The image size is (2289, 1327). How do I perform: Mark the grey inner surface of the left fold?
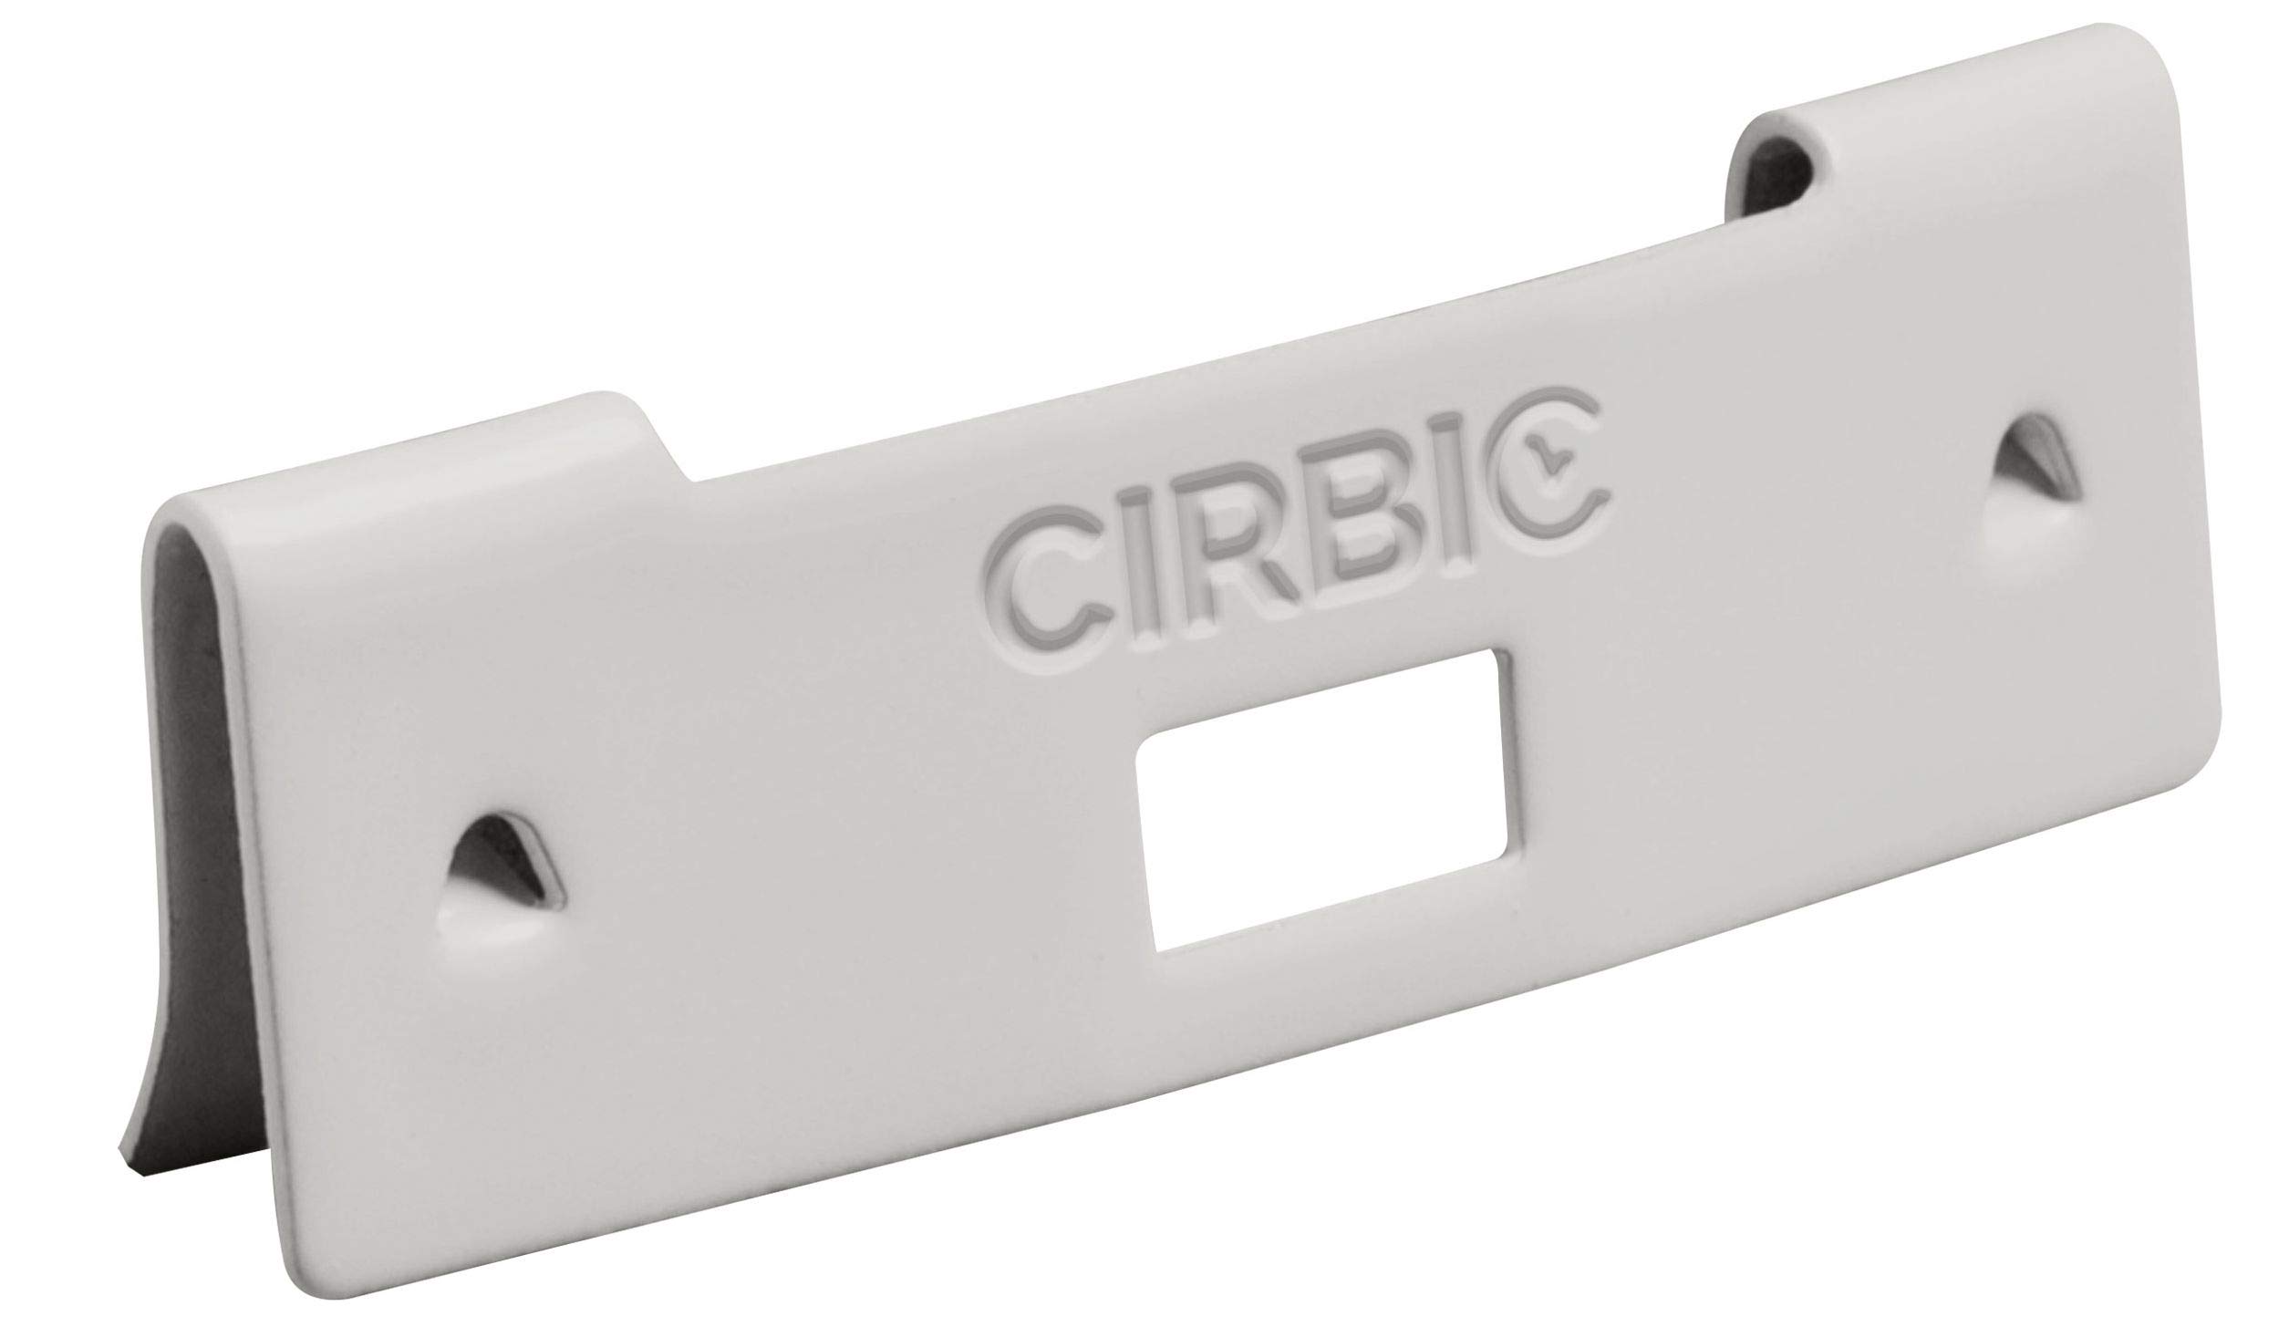(x=196, y=730)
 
